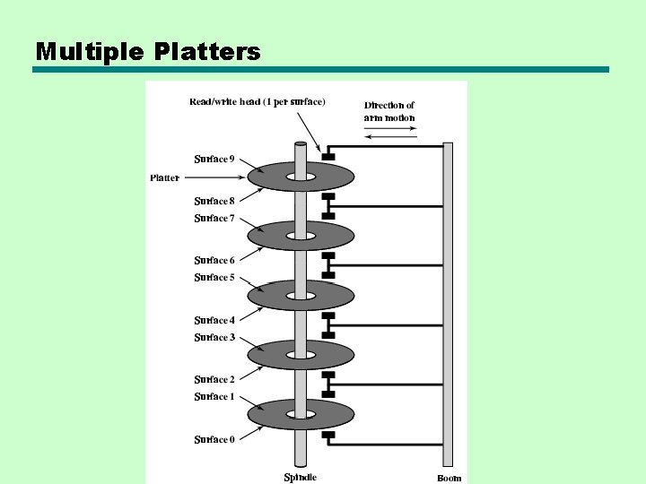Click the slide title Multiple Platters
[148, 51]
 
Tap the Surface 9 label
[214, 160]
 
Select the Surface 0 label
[214, 439]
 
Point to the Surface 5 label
[214, 278]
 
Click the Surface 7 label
[214, 219]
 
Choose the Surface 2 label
[214, 380]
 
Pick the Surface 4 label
[214, 320]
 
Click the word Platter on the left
[164, 178]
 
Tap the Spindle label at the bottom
[300, 477]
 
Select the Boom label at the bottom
[450, 478]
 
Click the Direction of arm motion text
[389, 112]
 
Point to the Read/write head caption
[258, 101]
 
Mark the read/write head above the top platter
[328, 158]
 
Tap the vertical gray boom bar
[448, 305]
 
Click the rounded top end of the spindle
[301, 143]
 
